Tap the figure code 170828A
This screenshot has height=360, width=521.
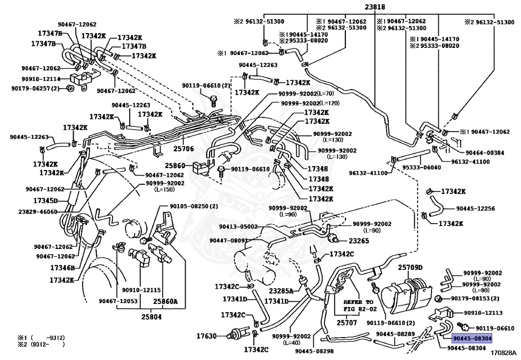click(x=504, y=352)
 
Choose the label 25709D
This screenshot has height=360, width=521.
click(x=410, y=268)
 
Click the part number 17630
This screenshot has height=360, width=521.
click(x=207, y=336)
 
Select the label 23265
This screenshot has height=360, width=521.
click(x=358, y=241)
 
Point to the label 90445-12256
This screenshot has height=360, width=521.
click(x=475, y=209)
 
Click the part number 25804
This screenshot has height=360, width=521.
click(x=138, y=317)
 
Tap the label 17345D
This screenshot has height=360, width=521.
click(x=46, y=201)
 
